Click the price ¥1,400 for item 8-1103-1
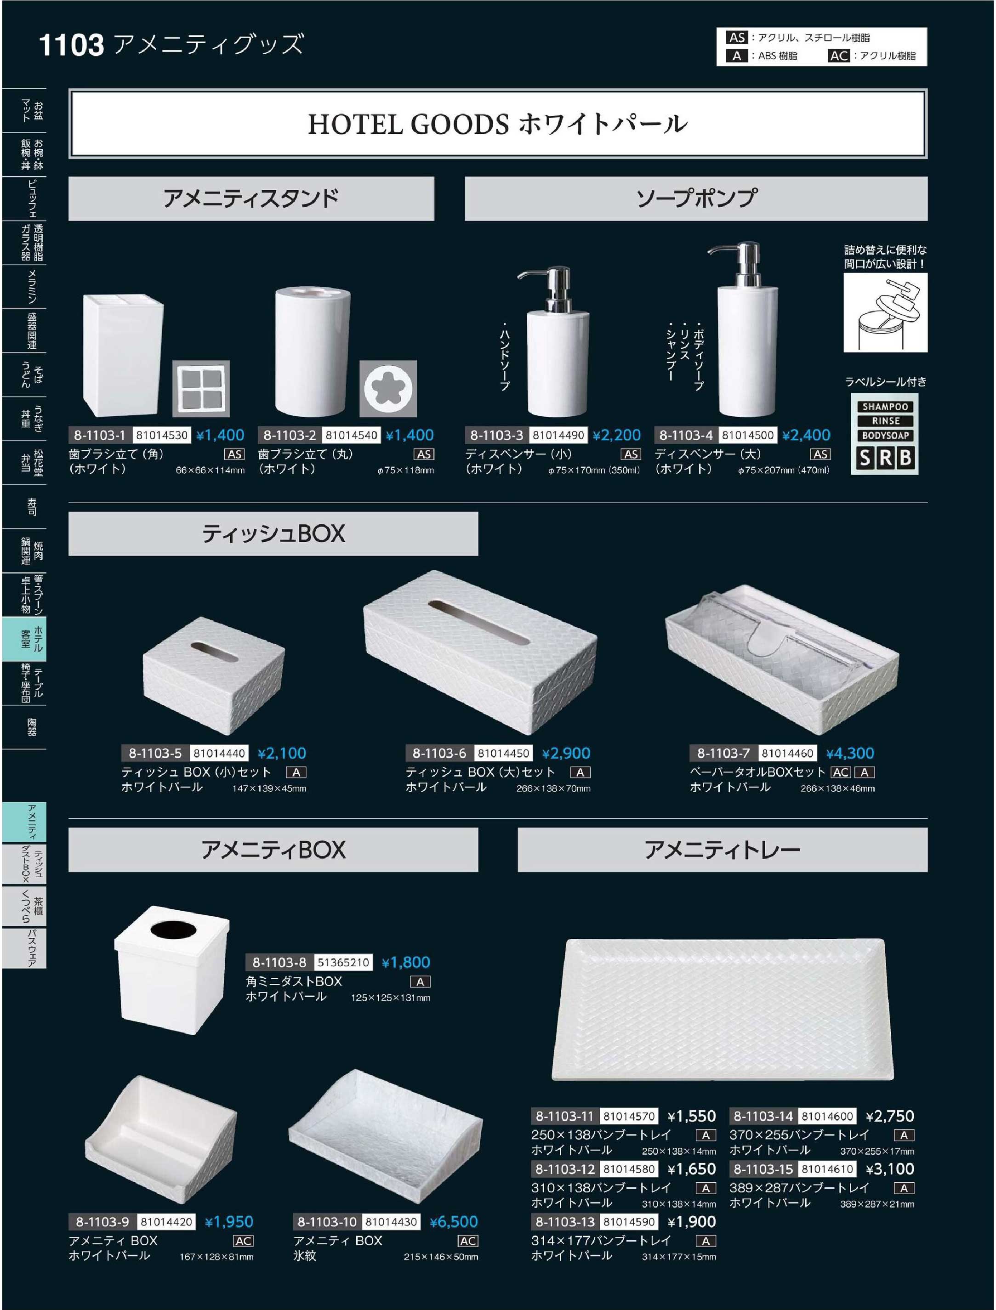pos(221,435)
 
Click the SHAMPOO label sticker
pos(885,407)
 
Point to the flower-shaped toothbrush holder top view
pos(388,388)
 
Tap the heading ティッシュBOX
pos(273,533)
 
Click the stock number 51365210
pos(343,962)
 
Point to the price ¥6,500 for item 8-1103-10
pos(454,1221)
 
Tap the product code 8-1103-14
pos(763,1116)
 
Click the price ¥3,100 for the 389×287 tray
pos(890,1169)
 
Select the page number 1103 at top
pos(71,45)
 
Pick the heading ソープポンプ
pos(697,198)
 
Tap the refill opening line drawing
pos(885,312)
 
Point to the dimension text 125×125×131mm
pos(391,998)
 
